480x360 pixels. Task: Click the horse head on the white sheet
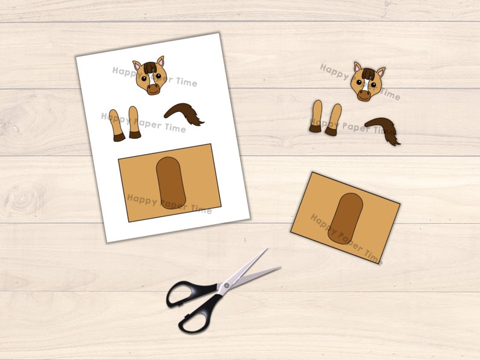(150, 76)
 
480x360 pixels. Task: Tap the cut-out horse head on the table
(368, 82)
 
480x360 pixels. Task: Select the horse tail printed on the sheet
(184, 114)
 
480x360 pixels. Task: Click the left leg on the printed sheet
(117, 126)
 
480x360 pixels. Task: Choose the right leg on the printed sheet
(134, 123)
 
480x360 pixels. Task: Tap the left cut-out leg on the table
(316, 117)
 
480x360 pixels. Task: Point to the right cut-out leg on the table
(333, 120)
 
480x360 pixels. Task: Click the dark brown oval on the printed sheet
(171, 183)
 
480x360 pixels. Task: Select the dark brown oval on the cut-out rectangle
(345, 219)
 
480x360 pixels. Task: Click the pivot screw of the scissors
(227, 285)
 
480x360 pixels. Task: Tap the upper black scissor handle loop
(187, 293)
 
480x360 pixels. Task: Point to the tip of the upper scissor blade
(267, 248)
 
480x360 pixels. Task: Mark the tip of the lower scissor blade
(281, 268)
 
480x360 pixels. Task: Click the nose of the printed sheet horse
(153, 89)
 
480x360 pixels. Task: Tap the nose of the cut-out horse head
(364, 95)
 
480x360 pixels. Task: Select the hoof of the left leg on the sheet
(119, 137)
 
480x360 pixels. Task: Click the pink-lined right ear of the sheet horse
(161, 61)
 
